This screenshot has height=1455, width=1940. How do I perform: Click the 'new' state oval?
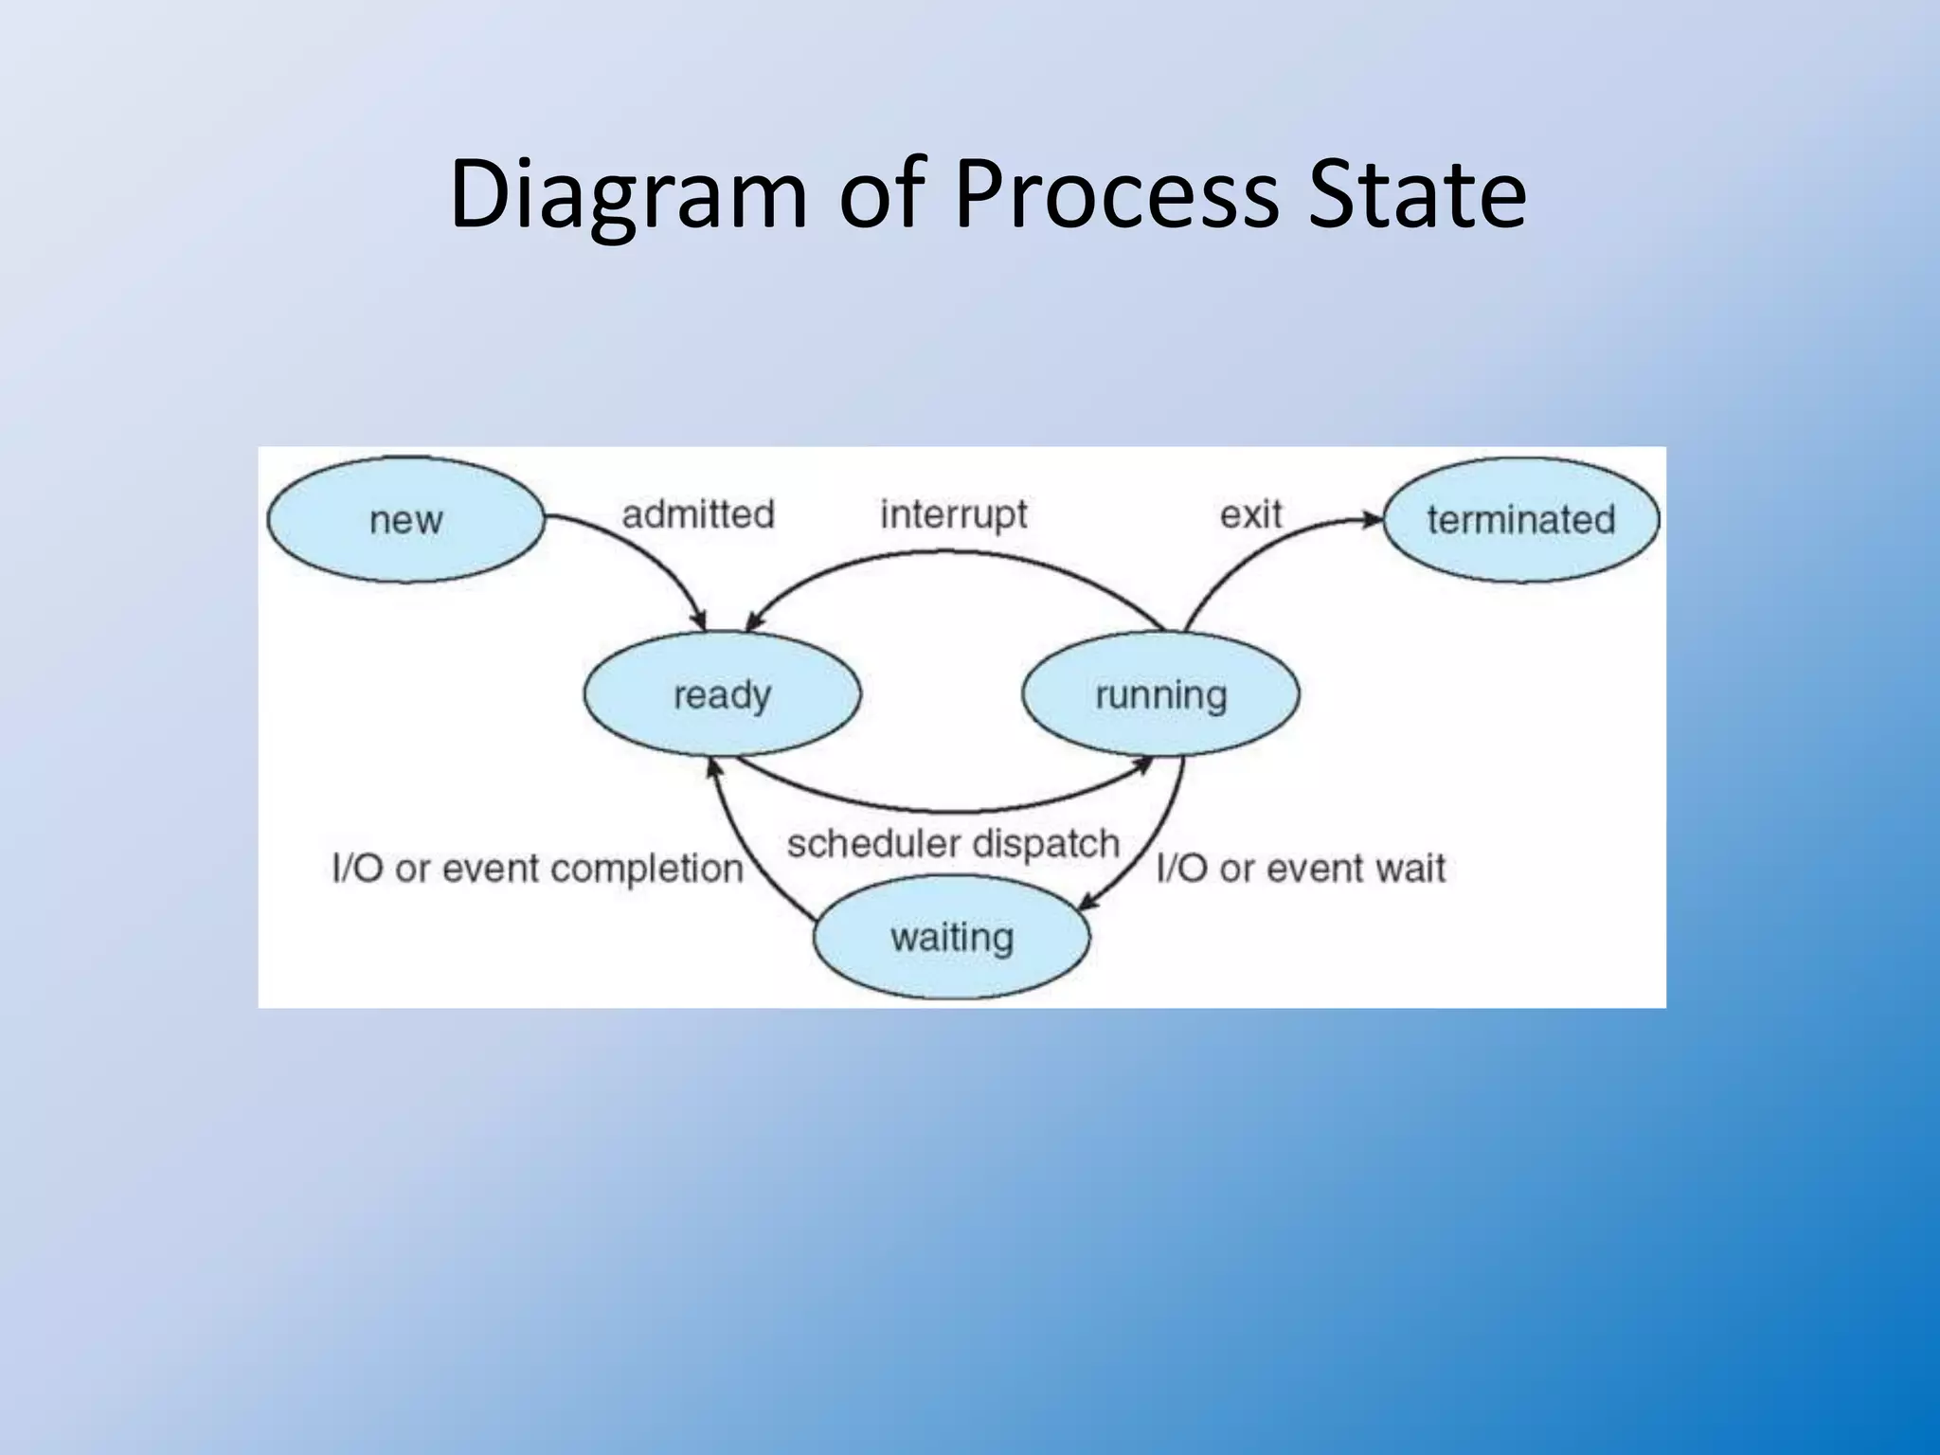[x=405, y=520]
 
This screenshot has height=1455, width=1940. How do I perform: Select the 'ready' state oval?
[x=722, y=694]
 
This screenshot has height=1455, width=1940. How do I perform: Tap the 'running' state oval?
[x=1160, y=694]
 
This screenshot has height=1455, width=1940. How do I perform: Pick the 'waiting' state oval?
[x=952, y=937]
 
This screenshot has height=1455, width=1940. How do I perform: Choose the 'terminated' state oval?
[x=1520, y=520]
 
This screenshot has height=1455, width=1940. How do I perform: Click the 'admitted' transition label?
[x=698, y=514]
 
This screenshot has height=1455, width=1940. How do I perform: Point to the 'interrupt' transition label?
[x=953, y=514]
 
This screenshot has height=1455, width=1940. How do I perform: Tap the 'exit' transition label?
[x=1250, y=514]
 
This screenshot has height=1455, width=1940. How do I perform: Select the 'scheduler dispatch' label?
[x=953, y=843]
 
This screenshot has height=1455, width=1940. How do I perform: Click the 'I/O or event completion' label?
[x=537, y=868]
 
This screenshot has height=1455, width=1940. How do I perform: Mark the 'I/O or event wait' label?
[x=1301, y=868]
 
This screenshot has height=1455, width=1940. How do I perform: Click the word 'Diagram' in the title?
[x=628, y=194]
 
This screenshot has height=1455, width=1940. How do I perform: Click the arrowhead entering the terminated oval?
[x=1373, y=519]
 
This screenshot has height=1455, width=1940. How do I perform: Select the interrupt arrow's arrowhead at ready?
[x=754, y=622]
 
